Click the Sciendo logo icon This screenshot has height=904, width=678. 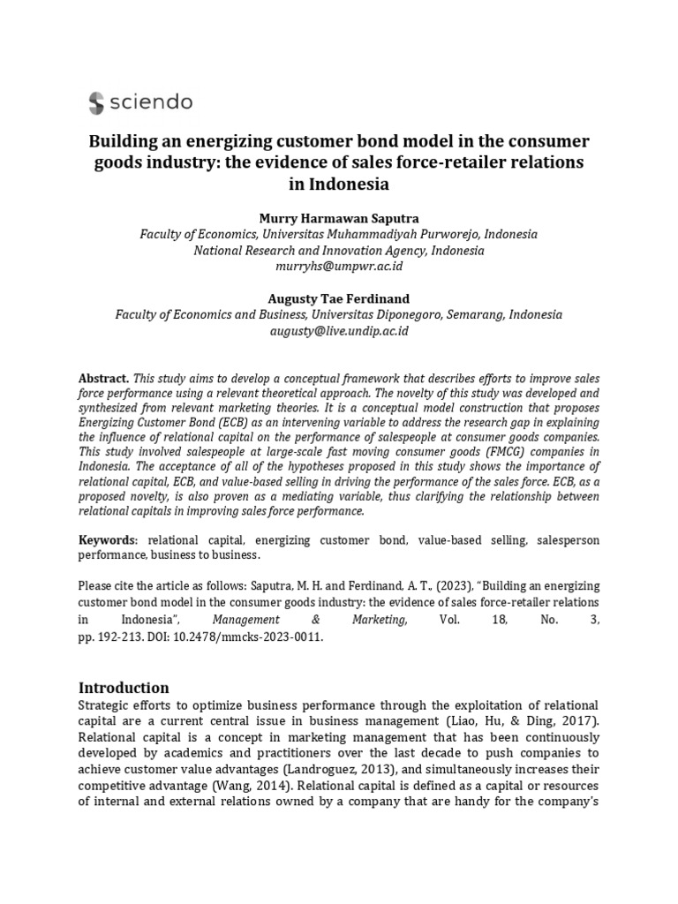click(96, 103)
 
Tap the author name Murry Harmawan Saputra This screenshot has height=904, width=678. click(339, 218)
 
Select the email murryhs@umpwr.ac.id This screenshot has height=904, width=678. click(339, 266)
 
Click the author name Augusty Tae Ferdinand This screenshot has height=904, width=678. click(339, 299)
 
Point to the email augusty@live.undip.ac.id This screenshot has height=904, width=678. click(339, 331)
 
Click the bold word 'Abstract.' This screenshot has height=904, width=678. click(103, 377)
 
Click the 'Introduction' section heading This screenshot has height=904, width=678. click(124, 687)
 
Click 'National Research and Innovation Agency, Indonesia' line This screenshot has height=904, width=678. click(339, 250)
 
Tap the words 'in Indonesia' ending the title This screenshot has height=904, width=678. click(339, 184)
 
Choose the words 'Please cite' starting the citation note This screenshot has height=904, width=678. click(106, 587)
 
